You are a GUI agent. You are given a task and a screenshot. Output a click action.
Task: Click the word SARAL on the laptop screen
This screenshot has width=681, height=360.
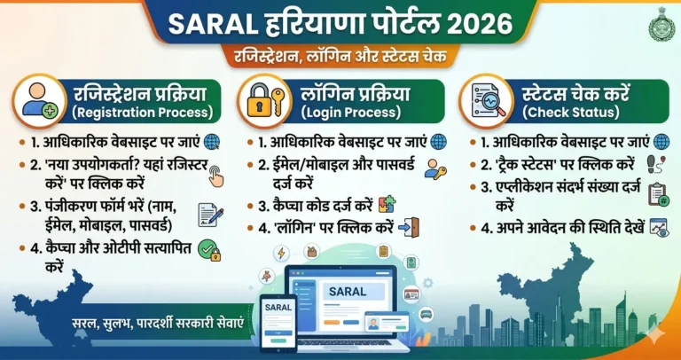point(348,291)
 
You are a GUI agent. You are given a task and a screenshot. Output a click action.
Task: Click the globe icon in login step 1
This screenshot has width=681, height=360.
point(438,141)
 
